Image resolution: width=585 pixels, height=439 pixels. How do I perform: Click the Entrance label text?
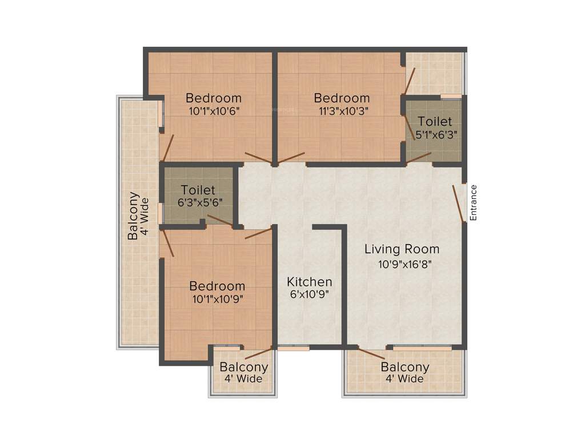473,202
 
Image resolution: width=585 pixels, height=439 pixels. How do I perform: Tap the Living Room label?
402,249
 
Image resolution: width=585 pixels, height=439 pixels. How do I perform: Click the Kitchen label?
309,282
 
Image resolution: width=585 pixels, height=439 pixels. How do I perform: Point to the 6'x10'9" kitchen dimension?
309,295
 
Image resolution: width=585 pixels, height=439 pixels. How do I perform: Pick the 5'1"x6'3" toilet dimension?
435,135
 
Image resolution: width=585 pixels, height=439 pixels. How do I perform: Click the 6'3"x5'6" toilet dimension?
198,202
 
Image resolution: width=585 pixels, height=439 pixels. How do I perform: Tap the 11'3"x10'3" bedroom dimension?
342,111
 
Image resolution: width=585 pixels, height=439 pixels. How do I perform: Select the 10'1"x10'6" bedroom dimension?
214,111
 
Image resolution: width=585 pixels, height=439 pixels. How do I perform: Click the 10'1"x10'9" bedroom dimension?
217,299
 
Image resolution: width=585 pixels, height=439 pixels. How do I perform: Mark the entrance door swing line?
458,203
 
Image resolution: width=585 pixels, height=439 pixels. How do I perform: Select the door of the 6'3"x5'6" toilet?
220,221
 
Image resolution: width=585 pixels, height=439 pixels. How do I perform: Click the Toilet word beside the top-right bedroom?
435,121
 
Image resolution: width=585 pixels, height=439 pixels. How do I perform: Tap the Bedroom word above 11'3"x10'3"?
342,98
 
